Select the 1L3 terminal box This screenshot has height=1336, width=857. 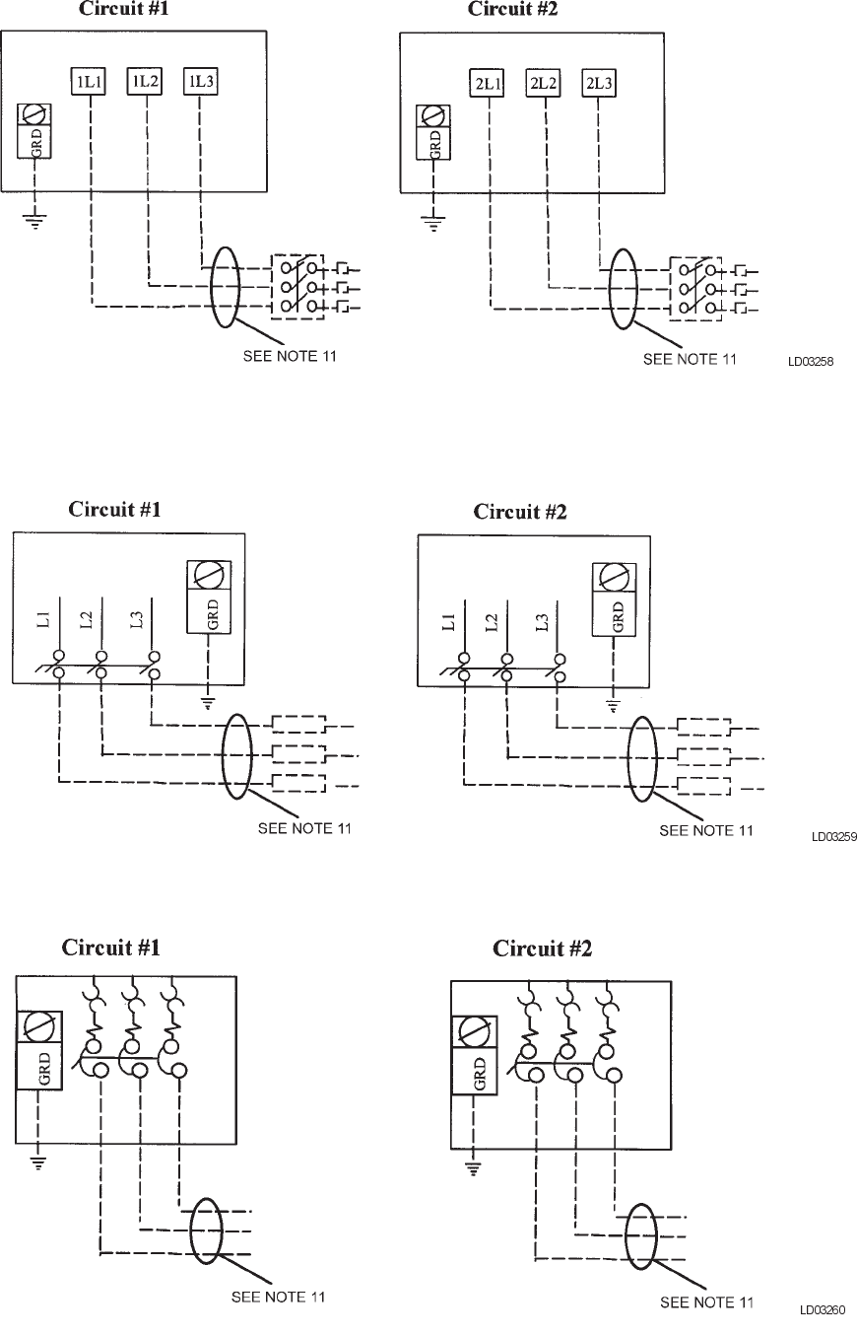click(x=200, y=82)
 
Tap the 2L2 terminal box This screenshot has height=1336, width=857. click(x=542, y=84)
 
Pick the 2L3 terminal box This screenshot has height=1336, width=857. click(x=598, y=84)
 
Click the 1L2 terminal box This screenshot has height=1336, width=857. click(x=145, y=82)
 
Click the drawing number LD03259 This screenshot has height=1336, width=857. click(x=833, y=837)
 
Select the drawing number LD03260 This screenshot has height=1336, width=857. click(x=823, y=1310)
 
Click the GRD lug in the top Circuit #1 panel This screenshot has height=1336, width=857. click(x=36, y=132)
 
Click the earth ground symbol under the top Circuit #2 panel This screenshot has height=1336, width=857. click(x=430, y=223)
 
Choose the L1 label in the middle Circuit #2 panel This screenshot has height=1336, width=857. click(x=449, y=622)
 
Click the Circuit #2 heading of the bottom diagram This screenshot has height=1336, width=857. click(x=542, y=949)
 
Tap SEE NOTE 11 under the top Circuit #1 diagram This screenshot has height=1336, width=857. click(x=290, y=356)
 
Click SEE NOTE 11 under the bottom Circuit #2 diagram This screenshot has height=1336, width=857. click(x=706, y=1302)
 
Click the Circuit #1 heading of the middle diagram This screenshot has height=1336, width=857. click(x=114, y=510)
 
